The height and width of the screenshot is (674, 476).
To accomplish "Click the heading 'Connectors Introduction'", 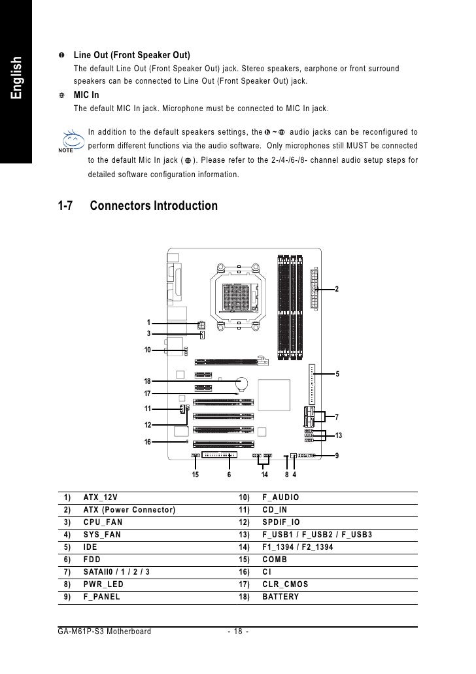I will click(154, 207).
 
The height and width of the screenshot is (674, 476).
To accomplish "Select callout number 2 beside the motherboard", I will click(337, 289).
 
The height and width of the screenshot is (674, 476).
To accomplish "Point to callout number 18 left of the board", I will click(148, 381).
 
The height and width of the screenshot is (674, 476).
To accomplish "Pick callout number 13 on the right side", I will click(339, 435).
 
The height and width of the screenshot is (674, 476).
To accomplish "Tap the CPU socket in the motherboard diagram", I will click(239, 298).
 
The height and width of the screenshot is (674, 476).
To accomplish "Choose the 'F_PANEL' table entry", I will click(102, 597).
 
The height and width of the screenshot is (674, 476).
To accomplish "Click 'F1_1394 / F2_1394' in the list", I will click(300, 547).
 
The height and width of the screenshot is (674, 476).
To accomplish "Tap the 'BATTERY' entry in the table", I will click(280, 597).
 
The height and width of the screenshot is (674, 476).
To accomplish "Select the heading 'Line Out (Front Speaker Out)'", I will click(131, 54).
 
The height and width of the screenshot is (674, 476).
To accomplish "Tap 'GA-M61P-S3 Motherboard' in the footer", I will click(105, 632).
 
